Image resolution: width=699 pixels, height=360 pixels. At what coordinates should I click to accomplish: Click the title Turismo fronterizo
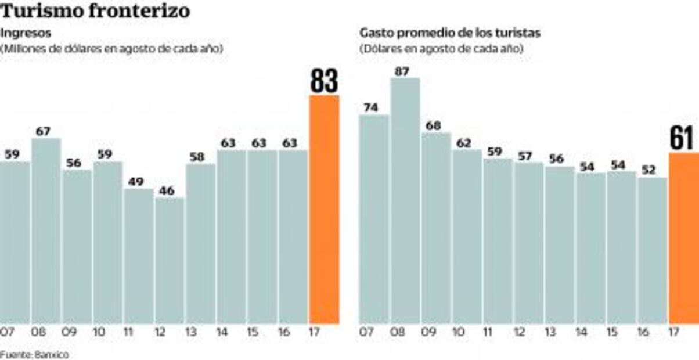click(x=95, y=11)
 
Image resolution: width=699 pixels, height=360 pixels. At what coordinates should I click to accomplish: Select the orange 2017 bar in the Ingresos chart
click(x=324, y=209)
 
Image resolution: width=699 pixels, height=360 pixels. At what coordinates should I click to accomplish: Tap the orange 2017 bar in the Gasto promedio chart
click(x=684, y=238)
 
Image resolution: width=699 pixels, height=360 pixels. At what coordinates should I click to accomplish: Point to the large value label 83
click(x=324, y=81)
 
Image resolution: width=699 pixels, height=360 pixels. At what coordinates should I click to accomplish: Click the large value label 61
click(x=683, y=139)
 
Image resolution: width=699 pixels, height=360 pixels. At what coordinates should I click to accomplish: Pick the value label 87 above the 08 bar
click(x=402, y=71)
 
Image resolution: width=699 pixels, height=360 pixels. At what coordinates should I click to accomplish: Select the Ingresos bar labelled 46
click(x=170, y=261)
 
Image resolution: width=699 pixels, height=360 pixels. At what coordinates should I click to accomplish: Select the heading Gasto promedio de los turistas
click(x=450, y=33)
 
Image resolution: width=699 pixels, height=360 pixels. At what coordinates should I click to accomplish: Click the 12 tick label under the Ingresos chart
click(x=160, y=334)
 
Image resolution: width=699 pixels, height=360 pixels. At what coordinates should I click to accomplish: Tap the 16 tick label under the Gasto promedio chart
click(x=643, y=334)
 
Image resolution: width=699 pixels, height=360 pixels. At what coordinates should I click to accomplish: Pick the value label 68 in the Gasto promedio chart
click(x=433, y=126)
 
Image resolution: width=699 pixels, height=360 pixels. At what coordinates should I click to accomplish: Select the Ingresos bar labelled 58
click(x=200, y=244)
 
